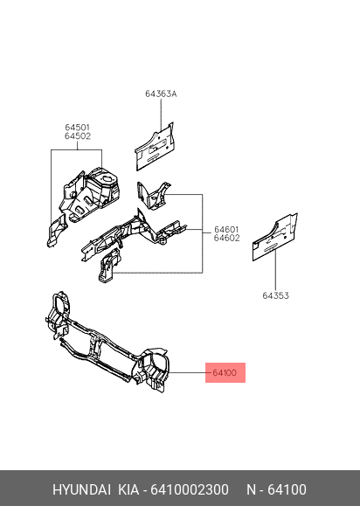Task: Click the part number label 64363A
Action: coord(161,94)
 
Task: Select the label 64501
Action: coord(78,128)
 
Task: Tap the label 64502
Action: coord(78,136)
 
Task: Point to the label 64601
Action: coord(226,230)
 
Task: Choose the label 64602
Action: coord(226,239)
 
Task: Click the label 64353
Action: coord(275,295)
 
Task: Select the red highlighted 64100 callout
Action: coord(225,372)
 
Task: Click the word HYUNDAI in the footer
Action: coord(81,490)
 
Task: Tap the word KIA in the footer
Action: coord(128,490)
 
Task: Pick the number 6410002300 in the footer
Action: coord(190,490)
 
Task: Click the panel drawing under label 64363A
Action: coord(155,146)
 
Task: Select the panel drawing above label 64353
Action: coord(275,237)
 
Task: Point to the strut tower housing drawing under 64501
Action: coord(91,194)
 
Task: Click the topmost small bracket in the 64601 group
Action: coord(153,196)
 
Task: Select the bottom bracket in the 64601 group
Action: coord(109,266)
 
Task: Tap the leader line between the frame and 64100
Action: coord(188,372)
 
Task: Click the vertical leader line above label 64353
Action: coord(276,270)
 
